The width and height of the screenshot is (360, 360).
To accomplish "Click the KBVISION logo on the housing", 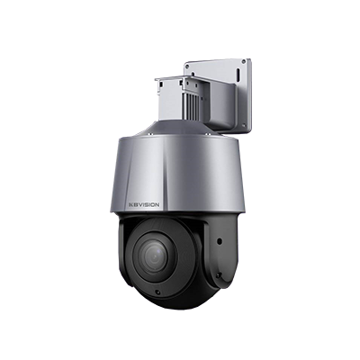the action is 144,204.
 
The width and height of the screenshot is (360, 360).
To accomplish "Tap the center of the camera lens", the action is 155,256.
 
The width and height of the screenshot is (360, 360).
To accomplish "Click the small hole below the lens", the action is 157,292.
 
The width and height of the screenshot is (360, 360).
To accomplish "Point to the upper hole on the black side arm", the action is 220,240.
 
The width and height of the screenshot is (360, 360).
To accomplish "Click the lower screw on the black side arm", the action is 220,274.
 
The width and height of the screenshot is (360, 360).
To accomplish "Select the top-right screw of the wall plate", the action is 244,61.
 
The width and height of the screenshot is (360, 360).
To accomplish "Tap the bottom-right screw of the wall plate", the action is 245,126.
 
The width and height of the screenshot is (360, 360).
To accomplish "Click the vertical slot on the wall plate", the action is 238,74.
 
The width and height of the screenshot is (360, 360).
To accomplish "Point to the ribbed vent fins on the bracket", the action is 193,102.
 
